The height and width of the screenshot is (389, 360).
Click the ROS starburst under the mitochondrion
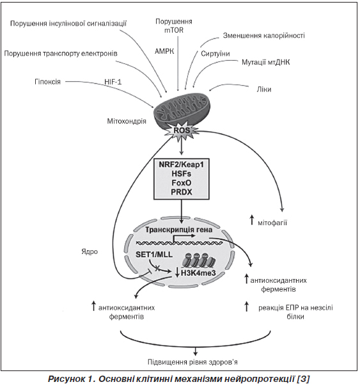pos(182,131)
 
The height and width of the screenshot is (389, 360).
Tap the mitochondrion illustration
pos(183,111)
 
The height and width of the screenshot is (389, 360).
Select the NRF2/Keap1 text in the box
pos(182,164)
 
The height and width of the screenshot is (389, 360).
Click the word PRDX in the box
pos(182,192)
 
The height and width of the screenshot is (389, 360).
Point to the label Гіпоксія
pos(47,82)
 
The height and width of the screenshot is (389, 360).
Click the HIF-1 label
pos(113,82)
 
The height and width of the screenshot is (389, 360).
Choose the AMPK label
pos(164,51)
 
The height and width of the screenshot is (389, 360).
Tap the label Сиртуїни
pos(215,54)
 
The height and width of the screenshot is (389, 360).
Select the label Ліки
pos(264,90)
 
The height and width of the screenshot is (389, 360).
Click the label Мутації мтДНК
pos(266,62)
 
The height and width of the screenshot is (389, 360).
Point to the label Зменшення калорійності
pos(264,36)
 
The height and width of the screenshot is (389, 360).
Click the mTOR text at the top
pos(174,30)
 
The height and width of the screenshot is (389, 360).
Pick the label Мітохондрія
pos(127,122)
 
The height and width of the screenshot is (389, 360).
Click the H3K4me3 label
pos(198,273)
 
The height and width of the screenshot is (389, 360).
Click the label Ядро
pos(90,251)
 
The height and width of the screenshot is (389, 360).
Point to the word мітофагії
pos(272,223)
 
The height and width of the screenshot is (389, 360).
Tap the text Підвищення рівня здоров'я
pos(192,362)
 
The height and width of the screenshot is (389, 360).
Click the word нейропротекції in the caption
pos(259,379)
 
